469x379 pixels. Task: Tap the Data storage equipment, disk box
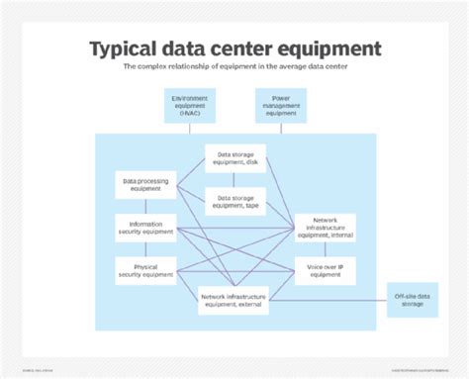(234, 158)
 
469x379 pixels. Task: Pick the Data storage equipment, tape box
(234, 201)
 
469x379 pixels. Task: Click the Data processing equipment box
(144, 185)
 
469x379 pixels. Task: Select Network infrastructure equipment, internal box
(326, 229)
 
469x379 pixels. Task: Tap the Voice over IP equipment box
(326, 270)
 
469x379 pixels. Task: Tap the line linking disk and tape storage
(234, 179)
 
